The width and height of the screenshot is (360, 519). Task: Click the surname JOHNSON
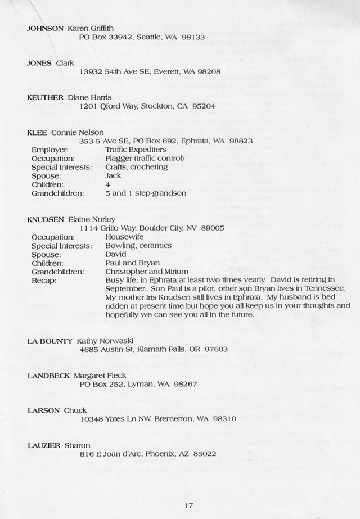(x=46, y=28)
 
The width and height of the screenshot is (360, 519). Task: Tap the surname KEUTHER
(x=46, y=97)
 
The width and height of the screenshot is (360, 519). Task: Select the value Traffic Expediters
(x=136, y=150)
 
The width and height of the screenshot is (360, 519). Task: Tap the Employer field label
(x=50, y=150)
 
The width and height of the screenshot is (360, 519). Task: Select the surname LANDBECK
(x=49, y=376)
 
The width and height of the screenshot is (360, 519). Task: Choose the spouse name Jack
(x=113, y=175)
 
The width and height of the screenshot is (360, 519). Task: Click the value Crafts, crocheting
(x=136, y=167)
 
